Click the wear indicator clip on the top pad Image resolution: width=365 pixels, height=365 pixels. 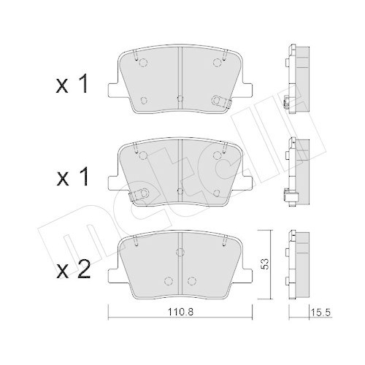pyautogui.click(x=218, y=102)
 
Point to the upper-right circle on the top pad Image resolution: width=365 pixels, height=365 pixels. pyautogui.click(x=217, y=63)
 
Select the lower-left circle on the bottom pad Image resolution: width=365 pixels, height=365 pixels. pyautogui.click(x=168, y=278)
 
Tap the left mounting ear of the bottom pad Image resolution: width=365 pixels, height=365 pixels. pyautogui.click(x=115, y=275)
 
